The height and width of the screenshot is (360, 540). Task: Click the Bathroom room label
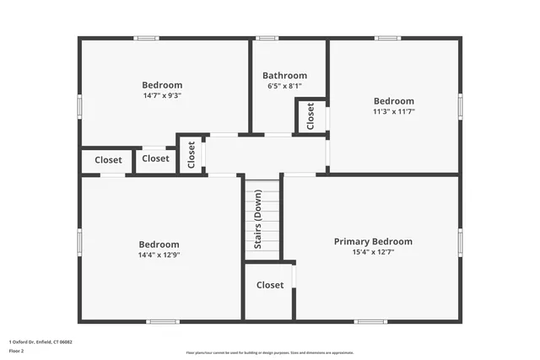coord(284,75)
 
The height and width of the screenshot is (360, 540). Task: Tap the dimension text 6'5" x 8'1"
coord(284,86)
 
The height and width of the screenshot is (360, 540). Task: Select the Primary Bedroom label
coord(373,241)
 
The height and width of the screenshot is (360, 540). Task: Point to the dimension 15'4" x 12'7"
coord(373,251)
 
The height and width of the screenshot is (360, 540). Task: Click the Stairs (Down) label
coord(258,219)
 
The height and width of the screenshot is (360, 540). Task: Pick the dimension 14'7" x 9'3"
coord(162,95)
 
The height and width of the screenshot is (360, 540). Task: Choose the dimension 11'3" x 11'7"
coord(394,111)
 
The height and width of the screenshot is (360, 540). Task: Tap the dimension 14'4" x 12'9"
coord(159,255)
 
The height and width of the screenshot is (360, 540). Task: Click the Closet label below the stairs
coord(270,285)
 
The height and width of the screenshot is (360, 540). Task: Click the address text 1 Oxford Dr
coord(40,342)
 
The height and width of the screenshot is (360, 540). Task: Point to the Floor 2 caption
coord(17,352)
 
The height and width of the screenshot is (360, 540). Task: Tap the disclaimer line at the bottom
coord(270,352)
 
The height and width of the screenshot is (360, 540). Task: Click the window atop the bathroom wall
coord(267,38)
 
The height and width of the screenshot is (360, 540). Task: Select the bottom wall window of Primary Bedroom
coord(370,321)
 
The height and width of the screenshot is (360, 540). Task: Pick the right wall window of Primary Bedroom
coord(460,242)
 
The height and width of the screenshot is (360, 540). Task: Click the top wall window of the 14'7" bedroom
coord(146,38)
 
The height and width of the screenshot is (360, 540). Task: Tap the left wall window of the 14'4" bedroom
coord(80,242)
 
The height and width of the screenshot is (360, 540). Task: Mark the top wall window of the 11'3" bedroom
coord(387,38)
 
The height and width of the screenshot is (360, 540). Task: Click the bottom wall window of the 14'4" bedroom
coord(162,321)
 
